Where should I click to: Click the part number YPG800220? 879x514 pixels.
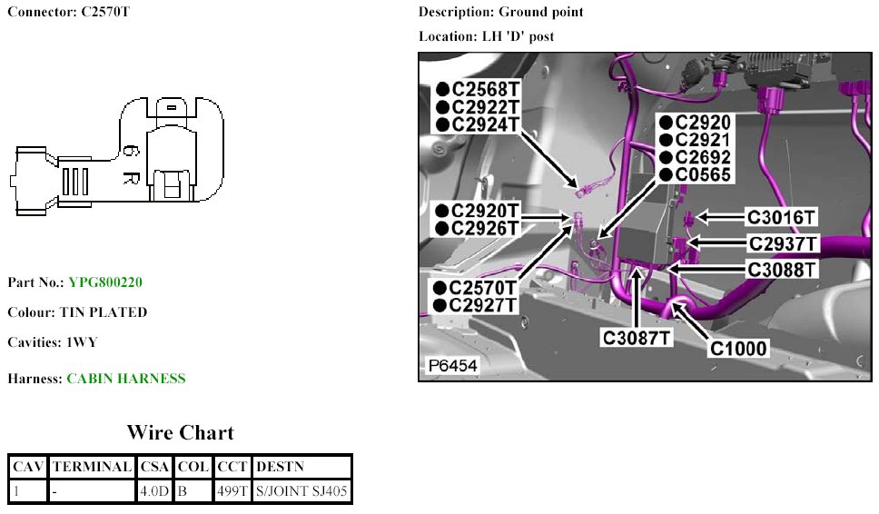click(x=105, y=282)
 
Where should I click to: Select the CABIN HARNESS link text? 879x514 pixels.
click(x=125, y=379)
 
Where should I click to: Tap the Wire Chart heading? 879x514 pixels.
click(x=180, y=432)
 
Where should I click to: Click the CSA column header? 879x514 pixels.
click(x=155, y=467)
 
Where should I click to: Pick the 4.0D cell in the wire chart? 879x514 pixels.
click(x=155, y=492)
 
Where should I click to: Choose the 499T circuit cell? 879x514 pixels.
click(x=232, y=492)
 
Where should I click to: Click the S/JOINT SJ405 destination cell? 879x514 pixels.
click(x=301, y=492)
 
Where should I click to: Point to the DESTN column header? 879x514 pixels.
click(x=280, y=467)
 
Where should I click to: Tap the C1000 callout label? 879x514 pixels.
click(x=738, y=348)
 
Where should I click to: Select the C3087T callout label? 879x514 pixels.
click(x=637, y=338)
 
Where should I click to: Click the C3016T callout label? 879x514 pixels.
click(x=782, y=217)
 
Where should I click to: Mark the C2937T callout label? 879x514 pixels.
click(x=784, y=243)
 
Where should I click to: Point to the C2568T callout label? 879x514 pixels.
click(x=486, y=89)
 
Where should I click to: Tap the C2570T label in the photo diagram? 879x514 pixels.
click(x=486, y=288)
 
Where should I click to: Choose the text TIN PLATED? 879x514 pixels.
click(x=104, y=312)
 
